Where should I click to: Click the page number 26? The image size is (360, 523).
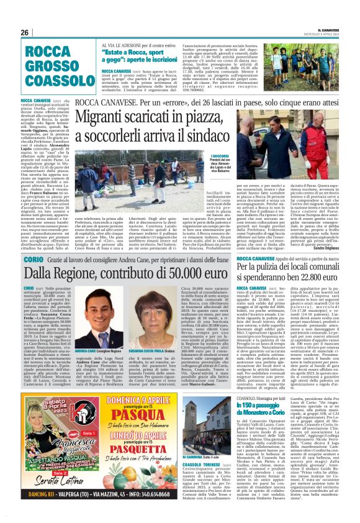click(25, 32)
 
